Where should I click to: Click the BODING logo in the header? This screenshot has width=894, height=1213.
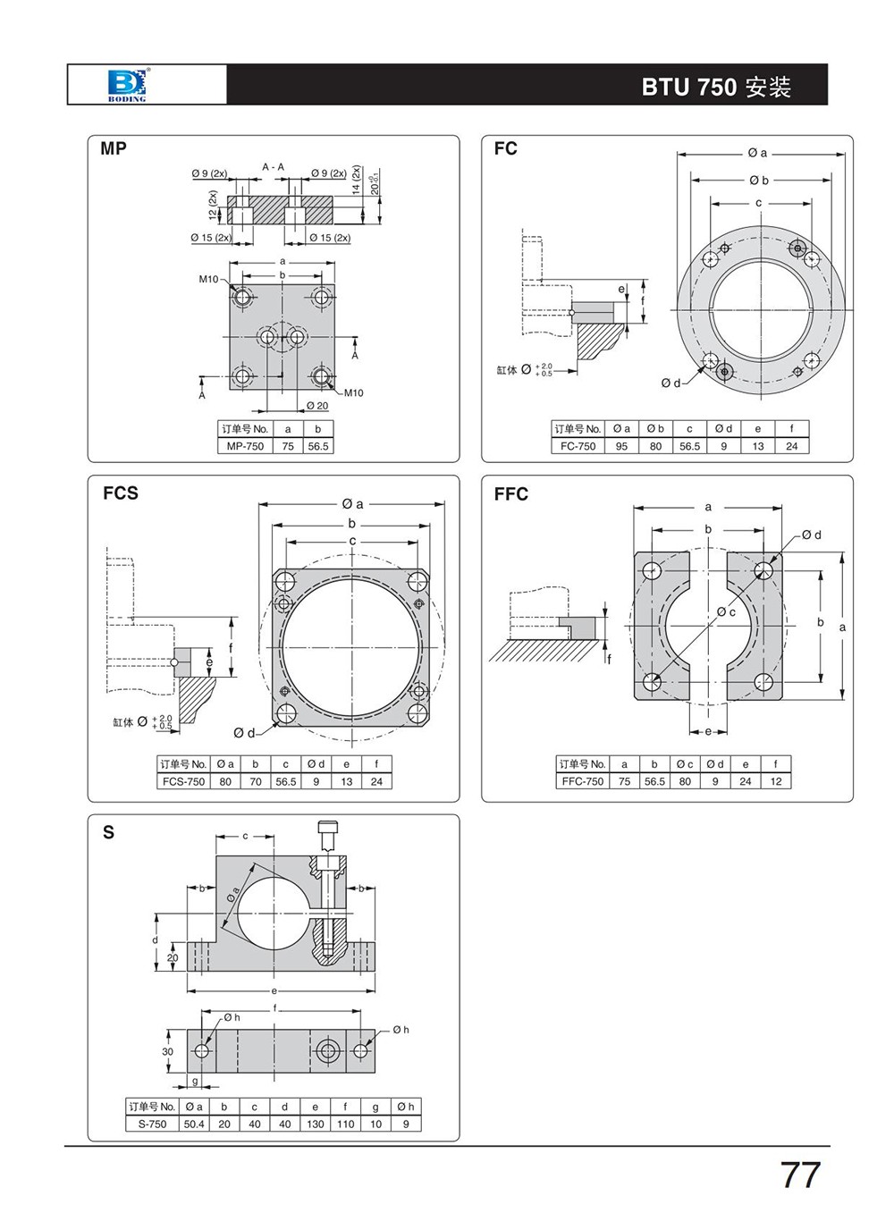(127, 85)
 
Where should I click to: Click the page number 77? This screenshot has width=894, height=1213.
(800, 1175)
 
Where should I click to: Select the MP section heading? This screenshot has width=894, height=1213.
(114, 148)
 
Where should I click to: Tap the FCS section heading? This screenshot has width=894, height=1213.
(120, 493)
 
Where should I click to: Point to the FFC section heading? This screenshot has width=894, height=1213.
(510, 493)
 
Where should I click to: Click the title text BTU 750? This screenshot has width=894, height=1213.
(689, 88)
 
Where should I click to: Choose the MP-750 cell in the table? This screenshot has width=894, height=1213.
(245, 446)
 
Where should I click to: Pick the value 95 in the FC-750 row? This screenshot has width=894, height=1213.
(621, 446)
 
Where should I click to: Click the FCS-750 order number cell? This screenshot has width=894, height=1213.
(183, 781)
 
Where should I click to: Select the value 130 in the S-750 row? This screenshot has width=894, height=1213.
(316, 1124)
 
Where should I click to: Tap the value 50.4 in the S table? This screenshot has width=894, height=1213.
(194, 1124)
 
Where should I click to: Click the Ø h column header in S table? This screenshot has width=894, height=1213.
(406, 1107)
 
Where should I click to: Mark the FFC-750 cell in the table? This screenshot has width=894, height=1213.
(583, 781)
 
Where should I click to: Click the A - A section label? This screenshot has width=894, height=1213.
(273, 167)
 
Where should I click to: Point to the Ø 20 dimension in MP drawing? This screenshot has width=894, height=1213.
(317, 406)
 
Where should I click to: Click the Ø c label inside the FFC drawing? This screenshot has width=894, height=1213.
(726, 612)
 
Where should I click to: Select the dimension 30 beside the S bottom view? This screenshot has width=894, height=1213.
(167, 1051)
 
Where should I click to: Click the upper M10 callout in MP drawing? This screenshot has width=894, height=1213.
(208, 280)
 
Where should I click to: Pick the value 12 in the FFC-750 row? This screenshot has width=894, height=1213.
(775, 781)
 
